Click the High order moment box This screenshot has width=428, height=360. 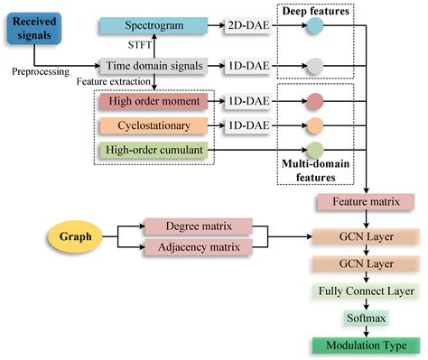154,101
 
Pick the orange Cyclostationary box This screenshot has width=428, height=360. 154,125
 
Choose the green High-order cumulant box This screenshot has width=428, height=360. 154,150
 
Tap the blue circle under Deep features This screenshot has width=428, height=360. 314,30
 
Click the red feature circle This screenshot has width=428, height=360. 314,101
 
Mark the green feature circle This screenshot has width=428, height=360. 314,150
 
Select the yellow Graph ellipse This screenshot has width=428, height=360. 76,236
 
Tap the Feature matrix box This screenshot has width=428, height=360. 367,202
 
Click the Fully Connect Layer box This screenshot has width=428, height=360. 367,292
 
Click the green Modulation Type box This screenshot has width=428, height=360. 367,345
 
